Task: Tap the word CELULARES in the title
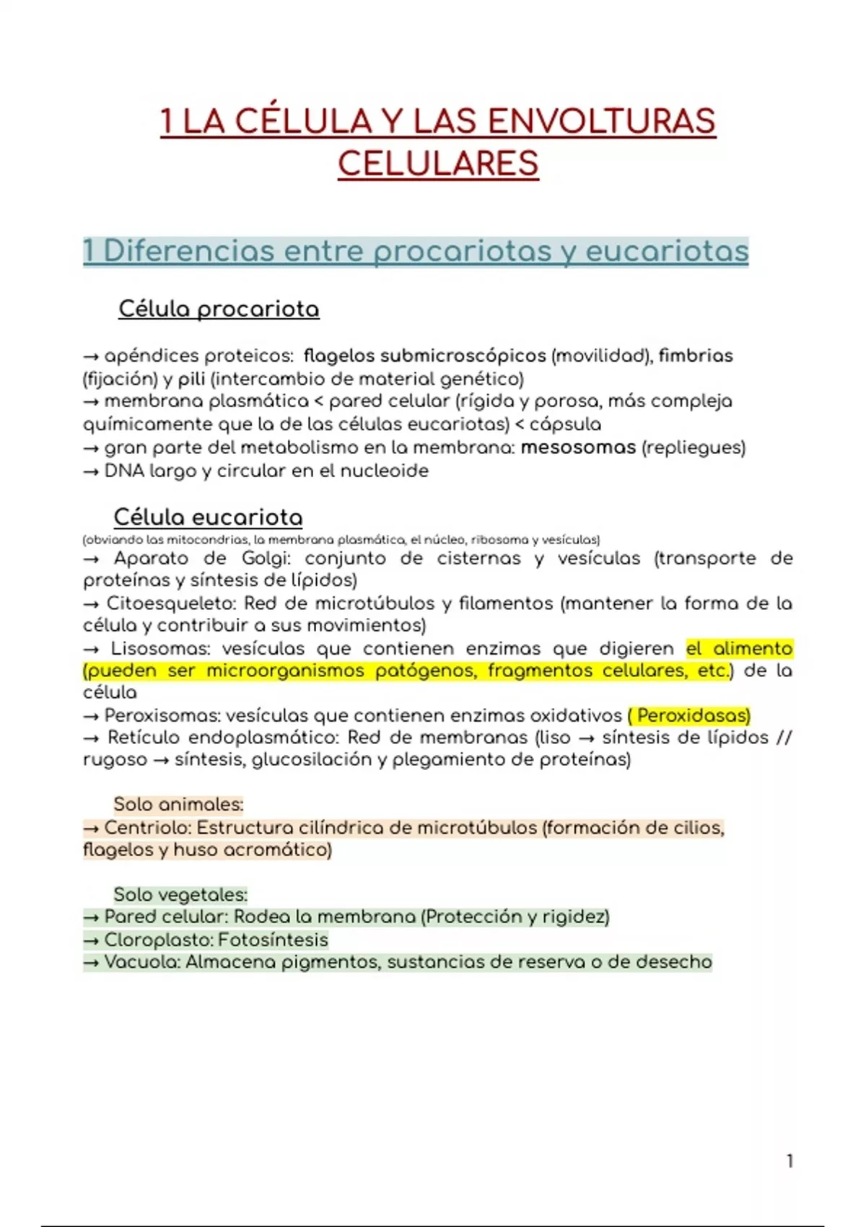coord(438,164)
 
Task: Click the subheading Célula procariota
coord(219,309)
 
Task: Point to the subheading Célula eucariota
coord(208,517)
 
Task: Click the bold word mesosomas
coord(577,447)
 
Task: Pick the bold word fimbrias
coord(695,356)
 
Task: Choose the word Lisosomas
coord(159,648)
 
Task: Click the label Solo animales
coord(178,804)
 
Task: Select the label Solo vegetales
coord(180,894)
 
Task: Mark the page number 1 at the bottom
coord(790,1161)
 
